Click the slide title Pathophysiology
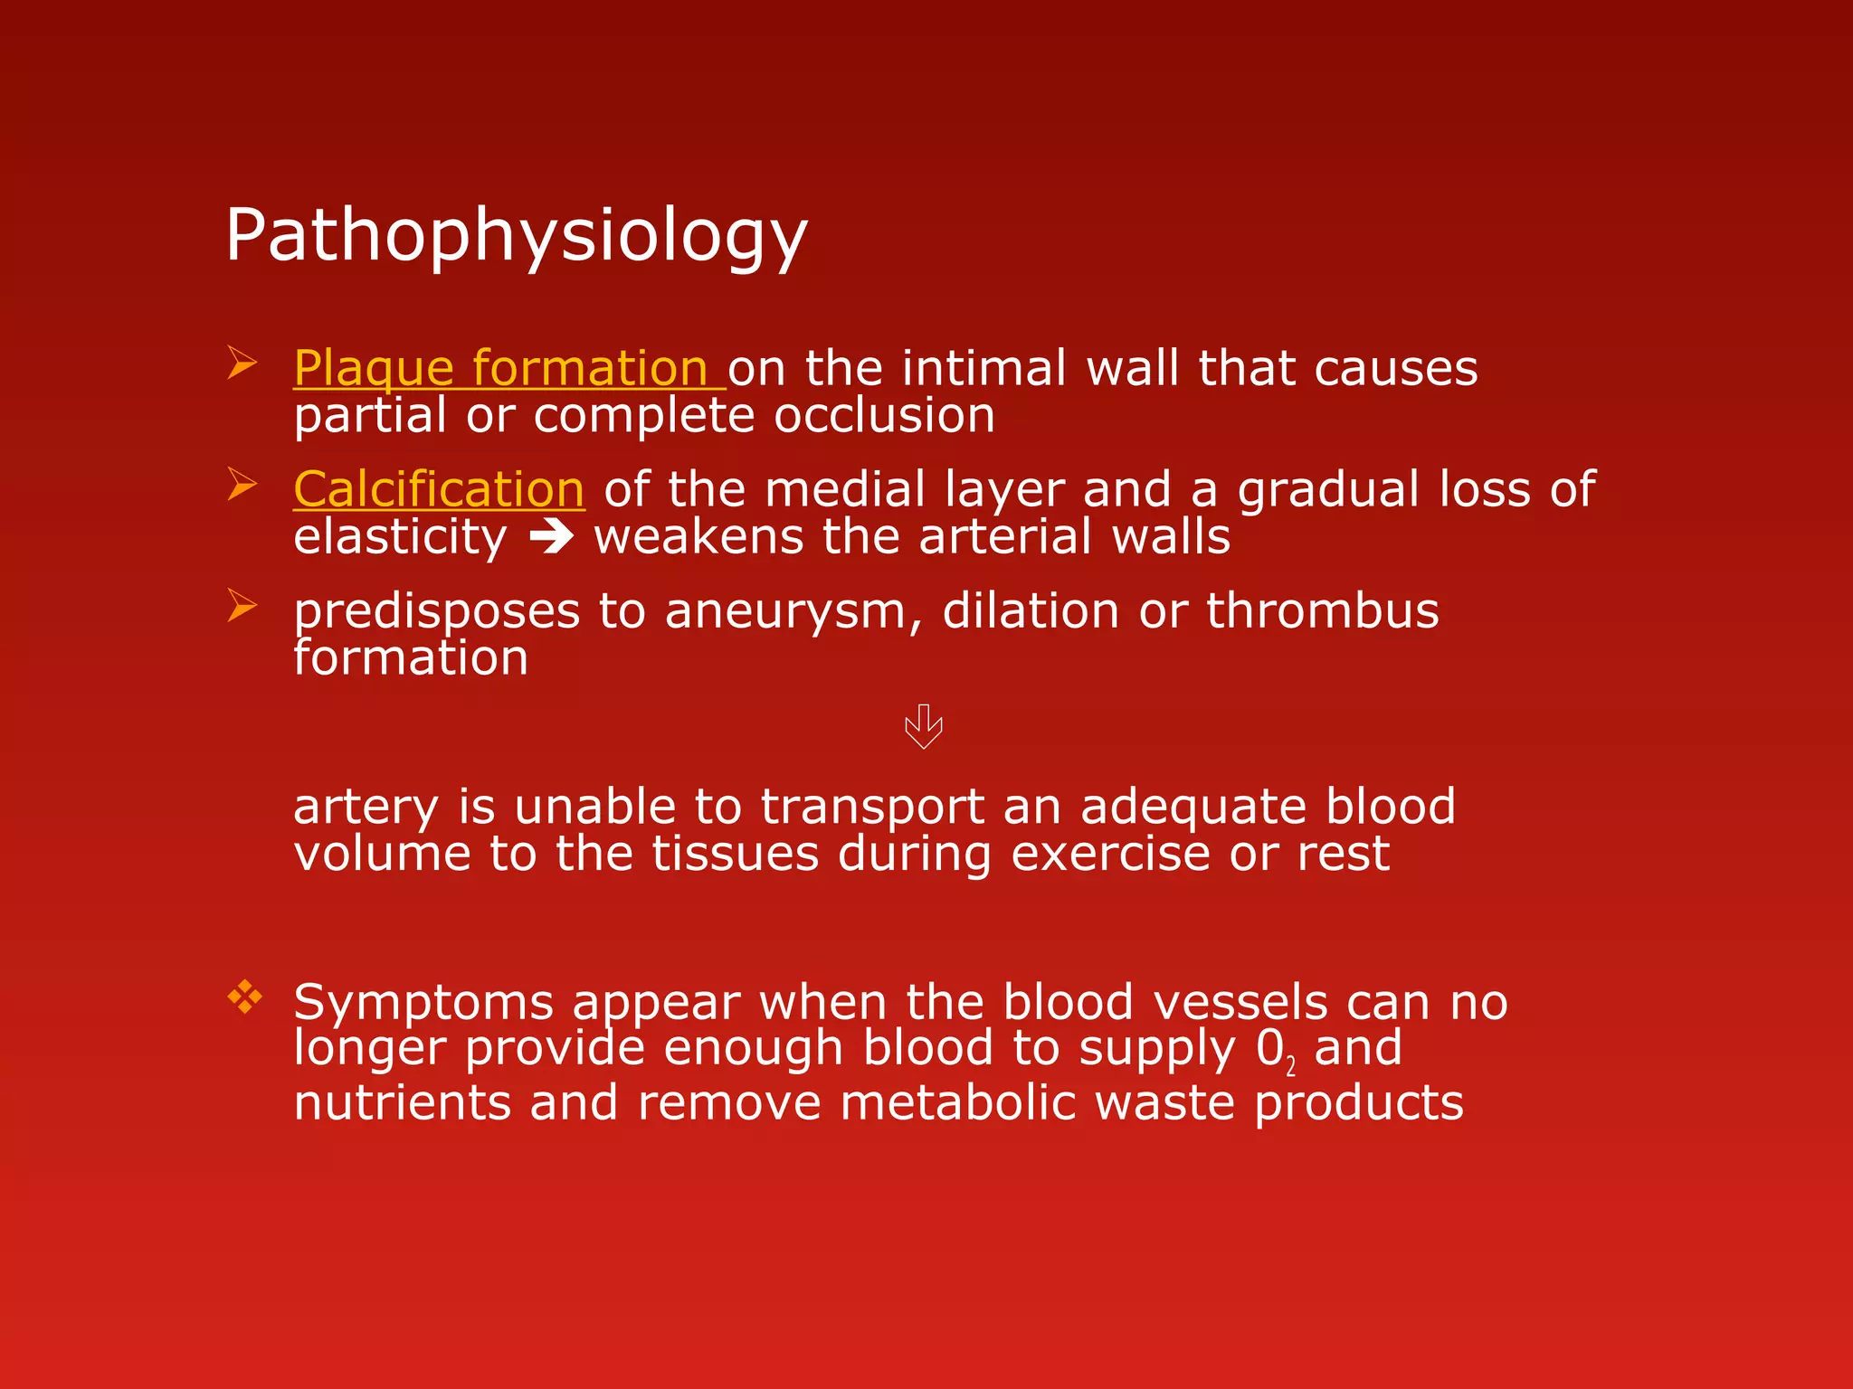pyautogui.click(x=516, y=235)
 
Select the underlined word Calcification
pyautogui.click(x=439, y=489)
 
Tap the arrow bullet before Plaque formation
pyautogui.click(x=242, y=364)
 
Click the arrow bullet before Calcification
pyautogui.click(x=242, y=484)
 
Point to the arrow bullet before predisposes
pyautogui.click(x=242, y=605)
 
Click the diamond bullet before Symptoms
pyautogui.click(x=244, y=997)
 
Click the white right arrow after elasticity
pyautogui.click(x=551, y=538)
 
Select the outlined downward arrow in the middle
pyautogui.click(x=924, y=726)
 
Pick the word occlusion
pyautogui.click(x=884, y=416)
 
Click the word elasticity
pyautogui.click(x=400, y=537)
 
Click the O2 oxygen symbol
pyautogui.click(x=1274, y=1051)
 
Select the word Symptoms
pyautogui.click(x=423, y=1003)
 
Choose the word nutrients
pyautogui.click(x=403, y=1103)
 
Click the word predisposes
pyautogui.click(x=436, y=611)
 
